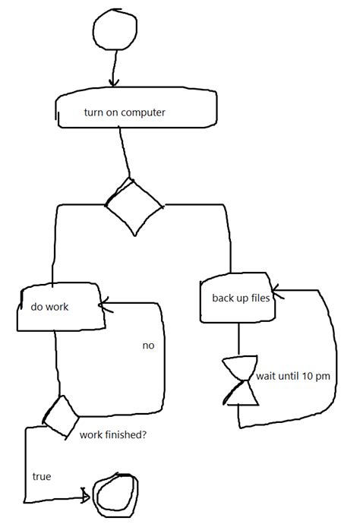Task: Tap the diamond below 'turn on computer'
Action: tap(133, 206)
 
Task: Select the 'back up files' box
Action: tap(236, 297)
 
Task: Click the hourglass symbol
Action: tap(239, 380)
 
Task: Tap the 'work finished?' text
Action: tap(112, 436)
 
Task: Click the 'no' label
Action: tap(148, 346)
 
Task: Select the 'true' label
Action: tap(41, 477)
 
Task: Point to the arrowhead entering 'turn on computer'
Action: tap(113, 83)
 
